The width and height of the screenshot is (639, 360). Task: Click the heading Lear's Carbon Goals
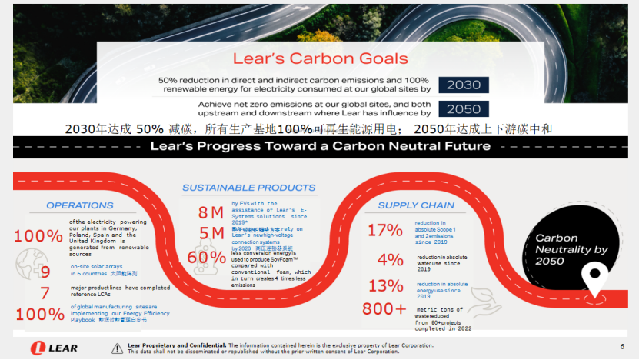pos(321,59)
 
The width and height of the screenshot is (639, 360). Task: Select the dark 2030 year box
pos(464,85)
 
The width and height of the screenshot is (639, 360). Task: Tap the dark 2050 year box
pos(464,108)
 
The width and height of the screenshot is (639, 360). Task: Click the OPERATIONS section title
pos(79,205)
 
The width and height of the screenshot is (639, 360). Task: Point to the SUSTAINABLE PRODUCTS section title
pos(248,188)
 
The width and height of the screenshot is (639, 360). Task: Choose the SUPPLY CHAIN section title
pos(416,205)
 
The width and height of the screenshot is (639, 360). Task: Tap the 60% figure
pos(207,258)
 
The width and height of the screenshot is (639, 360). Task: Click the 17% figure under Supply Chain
pos(384,230)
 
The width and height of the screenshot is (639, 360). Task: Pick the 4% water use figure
pos(390,259)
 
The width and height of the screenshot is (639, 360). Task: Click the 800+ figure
pos(384,309)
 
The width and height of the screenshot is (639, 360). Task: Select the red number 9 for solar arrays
pos(45,272)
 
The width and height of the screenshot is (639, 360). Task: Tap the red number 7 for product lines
pos(45,293)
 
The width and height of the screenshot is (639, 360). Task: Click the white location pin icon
pos(593,280)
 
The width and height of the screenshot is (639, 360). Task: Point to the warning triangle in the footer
pos(117,348)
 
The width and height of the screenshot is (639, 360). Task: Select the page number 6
pos(621,347)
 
